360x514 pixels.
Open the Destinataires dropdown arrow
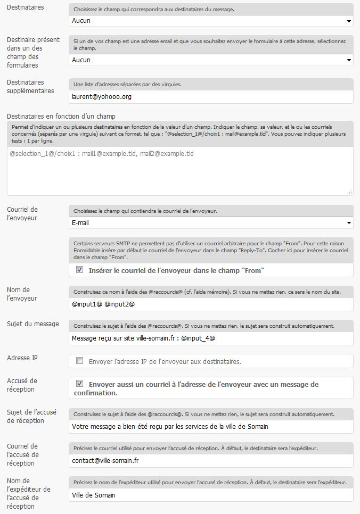[x=349, y=21]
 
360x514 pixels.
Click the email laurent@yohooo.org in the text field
[x=101, y=97]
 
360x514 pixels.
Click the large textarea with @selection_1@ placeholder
[x=179, y=170]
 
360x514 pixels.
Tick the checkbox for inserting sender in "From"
[x=80, y=270]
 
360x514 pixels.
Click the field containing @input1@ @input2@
[x=211, y=304]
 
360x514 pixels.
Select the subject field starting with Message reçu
[x=211, y=338]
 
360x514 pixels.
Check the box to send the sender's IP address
[x=80, y=361]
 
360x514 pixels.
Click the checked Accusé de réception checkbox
[x=80, y=384]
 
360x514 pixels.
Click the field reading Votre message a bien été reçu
[x=211, y=426]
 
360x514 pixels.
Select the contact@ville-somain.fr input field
[x=211, y=460]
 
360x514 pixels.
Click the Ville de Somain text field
[x=211, y=495]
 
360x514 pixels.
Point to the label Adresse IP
[x=22, y=358]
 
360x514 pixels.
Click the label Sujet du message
[x=33, y=324]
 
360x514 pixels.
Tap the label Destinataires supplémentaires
[x=30, y=86]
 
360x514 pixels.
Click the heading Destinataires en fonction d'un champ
[x=61, y=116]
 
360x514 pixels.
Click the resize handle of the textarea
[x=350, y=192]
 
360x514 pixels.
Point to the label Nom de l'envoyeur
[x=22, y=294]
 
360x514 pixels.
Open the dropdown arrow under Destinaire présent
[x=349, y=61]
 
